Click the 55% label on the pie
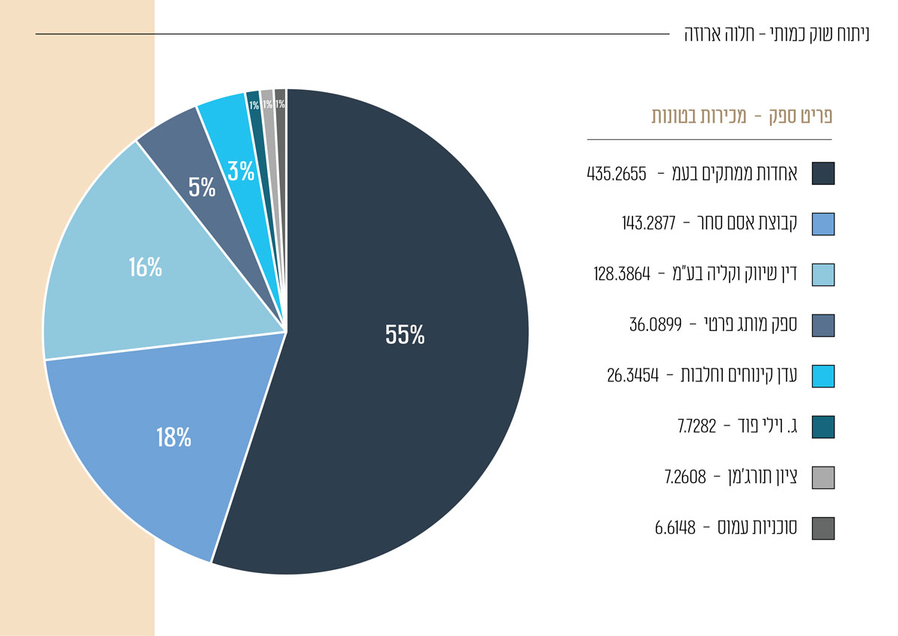pyautogui.click(x=405, y=335)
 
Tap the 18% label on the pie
pyautogui.click(x=174, y=437)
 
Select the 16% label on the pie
pyautogui.click(x=145, y=267)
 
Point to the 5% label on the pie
pyautogui.click(x=202, y=187)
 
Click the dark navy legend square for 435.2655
pyautogui.click(x=822, y=174)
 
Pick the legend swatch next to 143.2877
pyautogui.click(x=822, y=224)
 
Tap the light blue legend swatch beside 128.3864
pyautogui.click(x=822, y=275)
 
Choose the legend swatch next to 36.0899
pyautogui.click(x=822, y=325)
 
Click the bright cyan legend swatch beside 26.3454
pyautogui.click(x=822, y=376)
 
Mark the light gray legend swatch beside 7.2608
pyautogui.click(x=822, y=477)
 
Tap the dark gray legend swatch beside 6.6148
pyautogui.click(x=822, y=528)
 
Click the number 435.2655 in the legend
pyautogui.click(x=617, y=175)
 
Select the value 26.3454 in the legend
pyautogui.click(x=632, y=376)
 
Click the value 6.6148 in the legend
pyautogui.click(x=675, y=528)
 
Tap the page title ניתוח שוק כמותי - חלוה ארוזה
pyautogui.click(x=777, y=34)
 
